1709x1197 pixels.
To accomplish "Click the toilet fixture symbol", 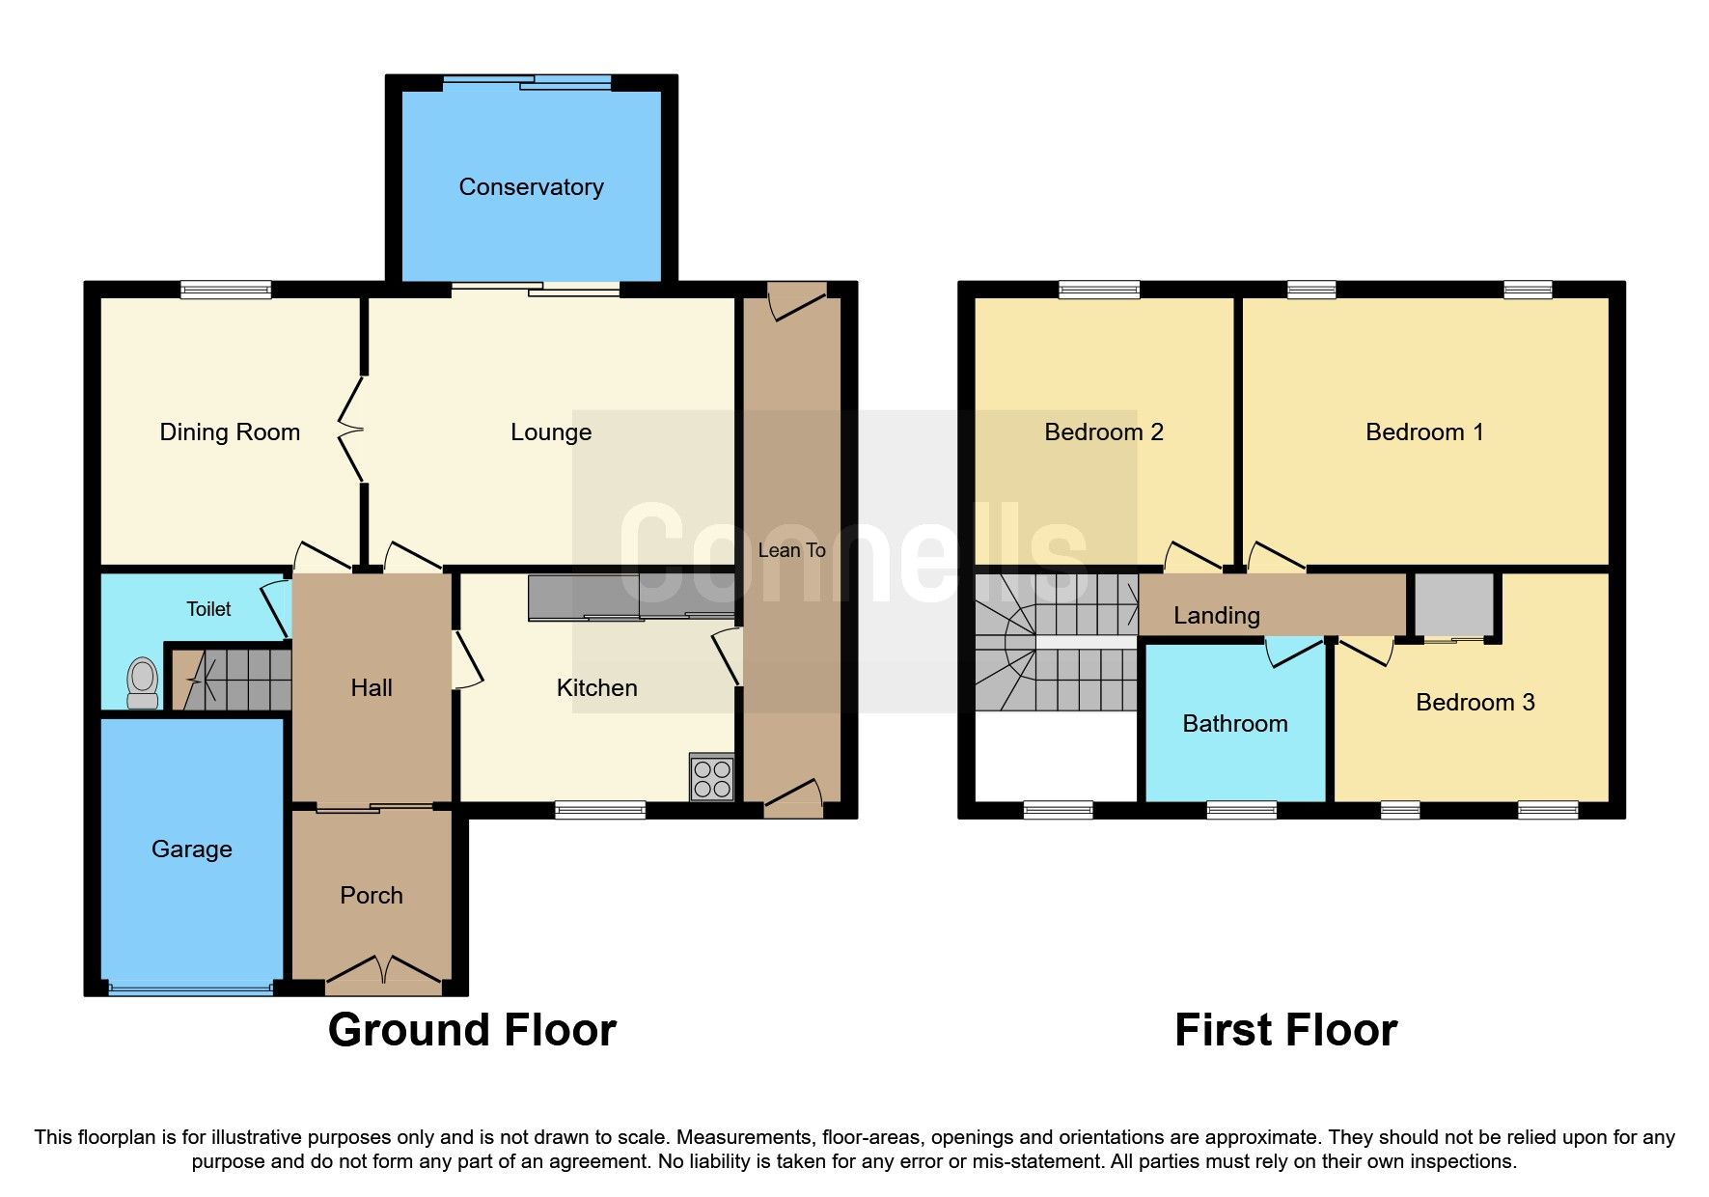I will [143, 682].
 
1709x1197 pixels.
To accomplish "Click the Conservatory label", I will [531, 187].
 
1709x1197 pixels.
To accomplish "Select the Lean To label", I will [791, 550].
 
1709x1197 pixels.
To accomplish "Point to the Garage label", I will [192, 849].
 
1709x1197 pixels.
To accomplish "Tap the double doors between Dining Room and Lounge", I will [351, 430].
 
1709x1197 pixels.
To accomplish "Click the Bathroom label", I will [1235, 724].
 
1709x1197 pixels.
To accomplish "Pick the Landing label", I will [1217, 616].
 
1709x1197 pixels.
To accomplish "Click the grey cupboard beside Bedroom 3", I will [1454, 604].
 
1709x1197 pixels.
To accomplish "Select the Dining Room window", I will [227, 289].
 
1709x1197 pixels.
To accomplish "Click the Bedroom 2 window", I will [1099, 289].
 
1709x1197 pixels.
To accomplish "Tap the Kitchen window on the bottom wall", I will [600, 810].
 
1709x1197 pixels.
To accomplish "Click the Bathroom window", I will [1242, 810].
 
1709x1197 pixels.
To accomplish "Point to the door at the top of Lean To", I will [797, 299].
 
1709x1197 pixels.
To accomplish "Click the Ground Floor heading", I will [472, 1030].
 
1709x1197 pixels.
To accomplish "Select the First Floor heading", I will [1285, 1030].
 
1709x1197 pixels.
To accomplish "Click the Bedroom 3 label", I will [1475, 703].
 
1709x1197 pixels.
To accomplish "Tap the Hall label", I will [372, 688].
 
